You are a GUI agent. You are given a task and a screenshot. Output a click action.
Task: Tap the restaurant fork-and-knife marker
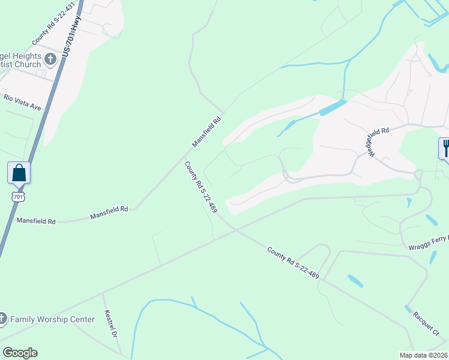tap(445, 148)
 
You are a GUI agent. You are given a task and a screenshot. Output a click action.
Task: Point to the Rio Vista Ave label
tap(22, 102)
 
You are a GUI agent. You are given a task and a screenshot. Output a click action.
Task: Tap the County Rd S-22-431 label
tap(53, 24)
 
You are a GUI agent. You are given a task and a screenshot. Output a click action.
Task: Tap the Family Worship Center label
tap(52, 319)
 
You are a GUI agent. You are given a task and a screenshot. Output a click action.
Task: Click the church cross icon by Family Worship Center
tap(2, 319)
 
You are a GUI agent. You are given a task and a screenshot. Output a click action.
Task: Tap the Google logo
tap(20, 353)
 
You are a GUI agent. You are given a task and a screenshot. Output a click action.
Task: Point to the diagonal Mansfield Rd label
tap(207, 131)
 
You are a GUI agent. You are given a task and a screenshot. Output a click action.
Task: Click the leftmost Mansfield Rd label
tap(36, 221)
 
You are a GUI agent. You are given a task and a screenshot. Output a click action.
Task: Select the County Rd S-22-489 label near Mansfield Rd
tap(200, 187)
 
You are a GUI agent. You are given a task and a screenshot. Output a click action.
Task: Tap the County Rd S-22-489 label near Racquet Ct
tap(293, 263)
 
